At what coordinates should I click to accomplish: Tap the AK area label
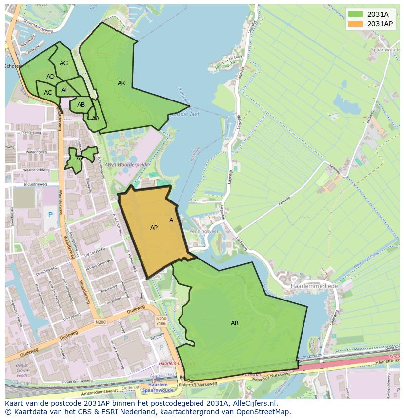[x=121, y=83]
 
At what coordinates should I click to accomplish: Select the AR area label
[x=235, y=323]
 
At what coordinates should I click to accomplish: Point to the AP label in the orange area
[x=154, y=228]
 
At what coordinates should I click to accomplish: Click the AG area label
[x=64, y=63]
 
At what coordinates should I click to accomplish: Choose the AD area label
[x=51, y=77]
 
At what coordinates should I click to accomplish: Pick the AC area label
[x=48, y=93]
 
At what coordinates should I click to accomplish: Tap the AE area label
[x=65, y=90]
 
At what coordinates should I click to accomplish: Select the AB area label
[x=81, y=105]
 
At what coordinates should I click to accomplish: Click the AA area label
[x=96, y=119]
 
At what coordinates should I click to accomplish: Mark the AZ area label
[x=80, y=159]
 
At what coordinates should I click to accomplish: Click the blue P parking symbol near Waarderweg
[x=50, y=215]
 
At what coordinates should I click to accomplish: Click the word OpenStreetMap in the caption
[x=263, y=412]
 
